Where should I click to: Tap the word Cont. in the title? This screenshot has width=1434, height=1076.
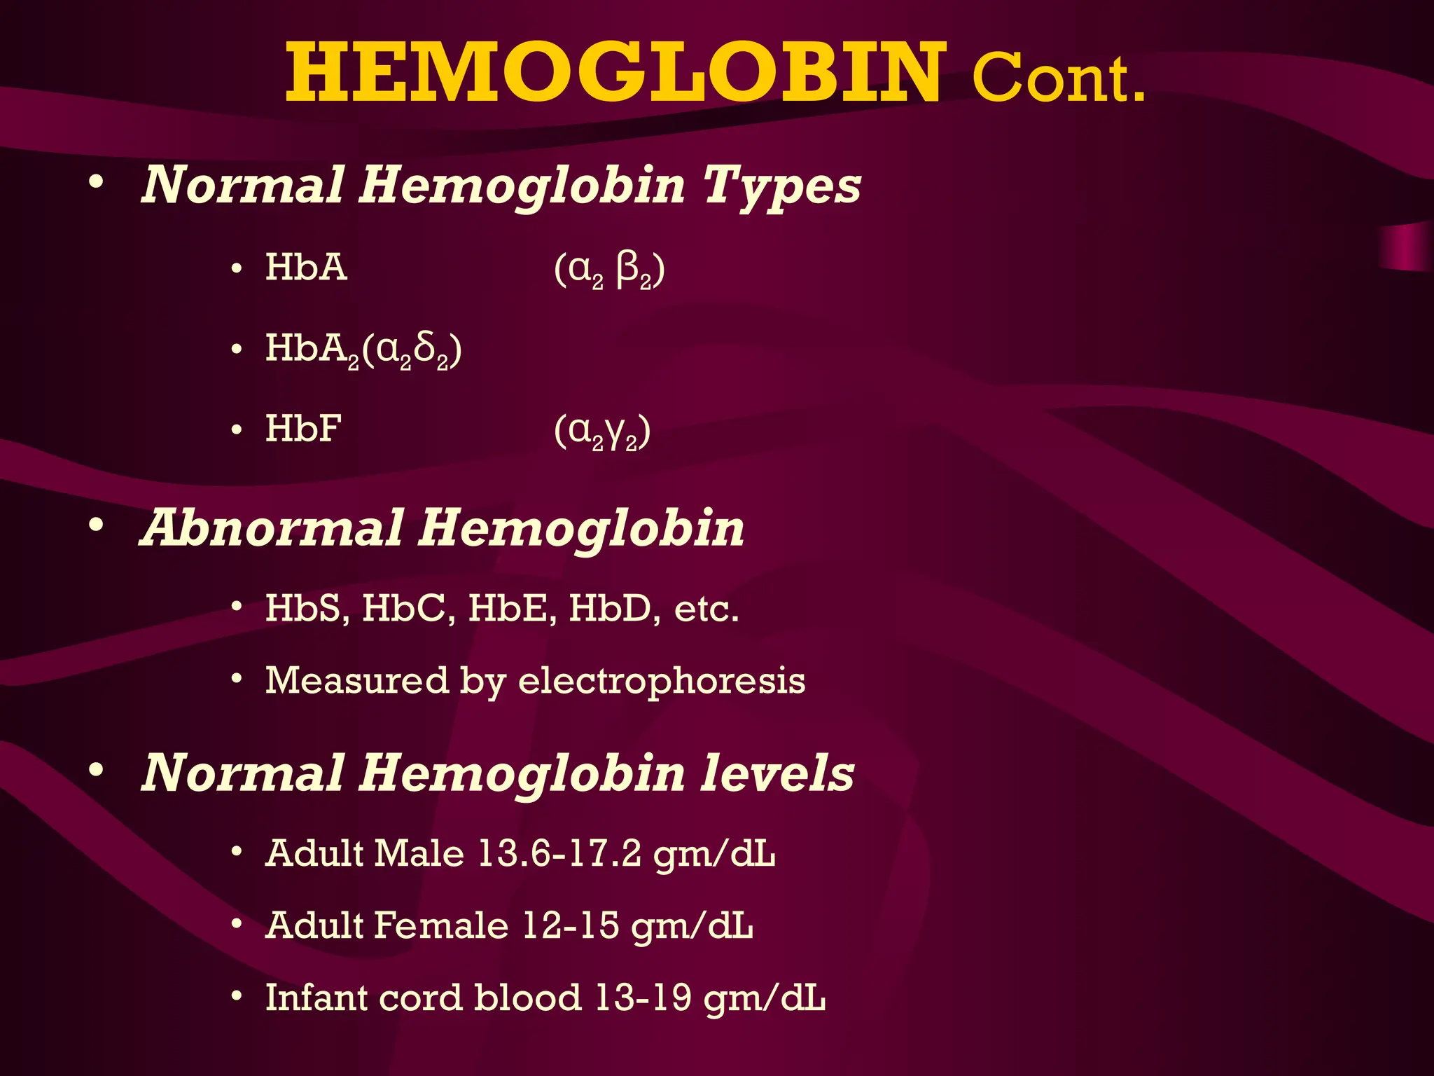pos(1058,79)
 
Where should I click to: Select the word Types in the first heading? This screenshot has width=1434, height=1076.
pos(781,186)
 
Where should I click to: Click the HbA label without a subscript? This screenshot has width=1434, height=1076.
pos(306,268)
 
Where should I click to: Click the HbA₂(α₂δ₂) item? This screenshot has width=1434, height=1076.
pos(363,350)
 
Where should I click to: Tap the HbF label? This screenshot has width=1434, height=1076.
pos(303,429)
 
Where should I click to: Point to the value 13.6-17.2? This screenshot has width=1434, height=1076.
pos(559,854)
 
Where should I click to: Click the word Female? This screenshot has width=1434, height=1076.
pos(440,925)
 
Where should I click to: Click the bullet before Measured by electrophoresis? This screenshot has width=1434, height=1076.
pos(237,679)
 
